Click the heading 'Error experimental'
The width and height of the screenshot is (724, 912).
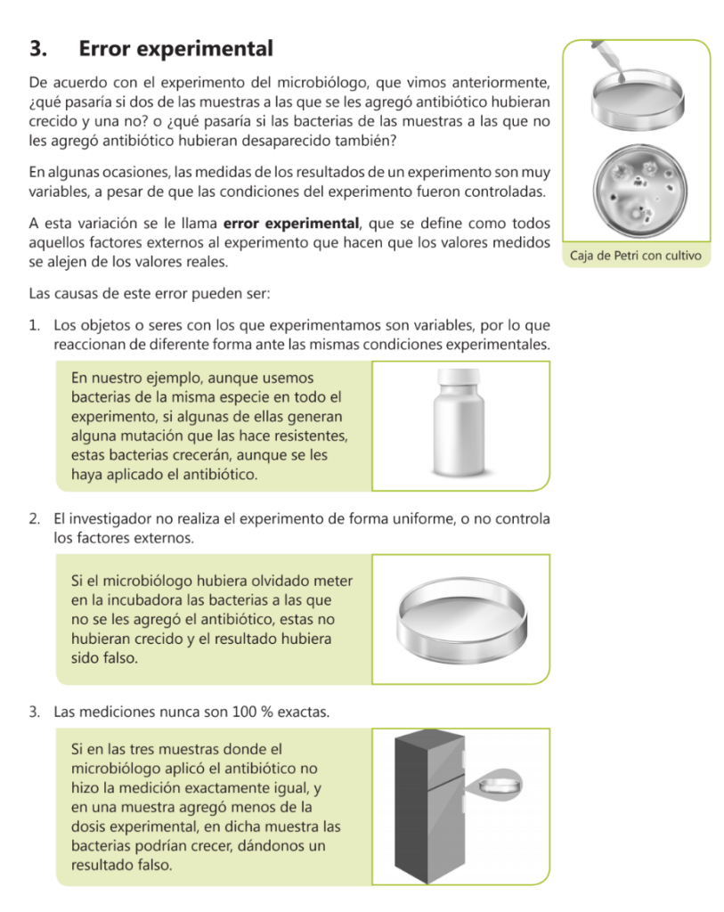tap(175, 49)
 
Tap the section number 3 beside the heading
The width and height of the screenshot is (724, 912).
tap(37, 49)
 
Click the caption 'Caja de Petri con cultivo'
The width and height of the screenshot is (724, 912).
tap(636, 256)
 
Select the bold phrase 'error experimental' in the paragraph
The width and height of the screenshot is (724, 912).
tap(291, 224)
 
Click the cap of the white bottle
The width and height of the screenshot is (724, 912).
tap(459, 377)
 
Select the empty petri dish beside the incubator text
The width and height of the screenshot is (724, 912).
tap(461, 620)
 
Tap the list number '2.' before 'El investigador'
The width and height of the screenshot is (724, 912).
tap(35, 519)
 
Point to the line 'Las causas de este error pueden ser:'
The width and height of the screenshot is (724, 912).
tap(150, 294)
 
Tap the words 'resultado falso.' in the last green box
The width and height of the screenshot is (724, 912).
tap(122, 866)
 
